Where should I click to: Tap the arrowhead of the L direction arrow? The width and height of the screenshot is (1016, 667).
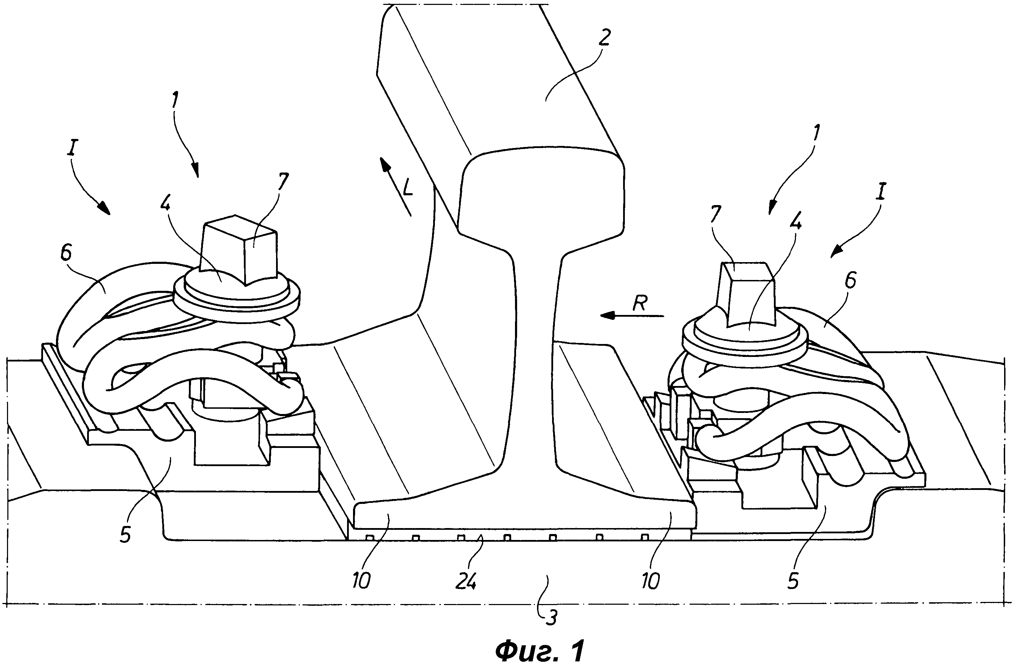tap(384, 164)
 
